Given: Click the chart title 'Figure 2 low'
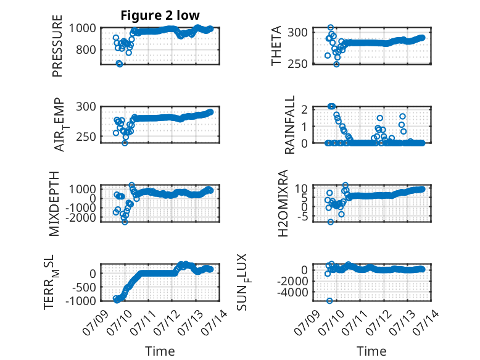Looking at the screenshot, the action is pyautogui.click(x=160, y=15).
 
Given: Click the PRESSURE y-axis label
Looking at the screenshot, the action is pyautogui.click(x=57, y=46).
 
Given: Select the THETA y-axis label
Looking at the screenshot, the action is pyautogui.click(x=276, y=46).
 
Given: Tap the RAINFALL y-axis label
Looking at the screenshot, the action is pyautogui.click(x=289, y=125).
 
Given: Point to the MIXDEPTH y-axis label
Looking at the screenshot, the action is pyautogui.click(x=54, y=204).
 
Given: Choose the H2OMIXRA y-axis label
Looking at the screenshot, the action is pyautogui.click(x=283, y=203).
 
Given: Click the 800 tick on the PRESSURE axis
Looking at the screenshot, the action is pyautogui.click(x=86, y=49).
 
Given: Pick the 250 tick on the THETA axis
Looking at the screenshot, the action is pyautogui.click(x=297, y=64).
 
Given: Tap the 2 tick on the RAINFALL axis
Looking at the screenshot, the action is pyautogui.click(x=304, y=109).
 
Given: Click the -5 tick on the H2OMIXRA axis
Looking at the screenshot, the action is pyautogui.click(x=303, y=217).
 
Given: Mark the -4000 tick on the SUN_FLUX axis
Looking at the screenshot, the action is pyautogui.click(x=292, y=293).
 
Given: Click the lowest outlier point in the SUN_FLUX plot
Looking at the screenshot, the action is pyautogui.click(x=329, y=301).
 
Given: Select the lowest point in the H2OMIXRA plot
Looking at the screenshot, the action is pyautogui.click(x=330, y=222).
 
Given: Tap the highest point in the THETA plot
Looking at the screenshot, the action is pyautogui.click(x=331, y=28).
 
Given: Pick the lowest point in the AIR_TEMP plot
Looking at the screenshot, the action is pyautogui.click(x=125, y=143).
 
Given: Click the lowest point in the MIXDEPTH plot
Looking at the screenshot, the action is pyautogui.click(x=125, y=222).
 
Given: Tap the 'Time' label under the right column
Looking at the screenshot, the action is pyautogui.click(x=371, y=351).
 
